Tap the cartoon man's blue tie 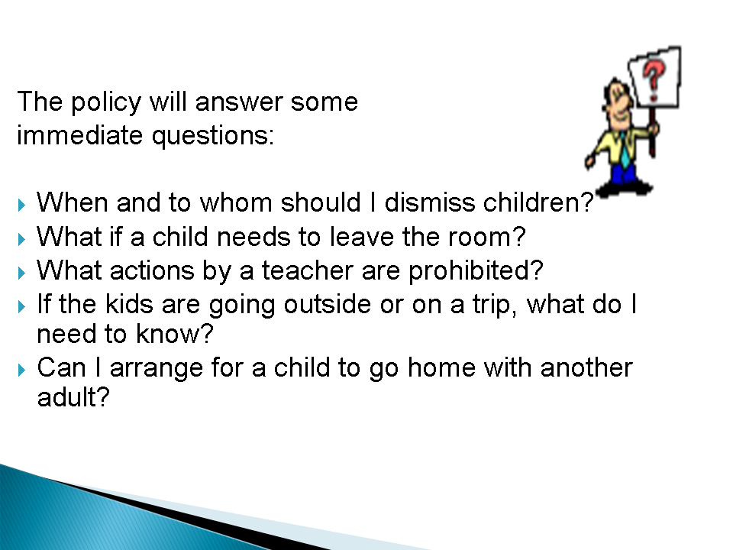625,150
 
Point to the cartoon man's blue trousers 624,173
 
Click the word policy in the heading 105,102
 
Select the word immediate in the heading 80,136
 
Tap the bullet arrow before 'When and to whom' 21,205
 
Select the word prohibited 471,271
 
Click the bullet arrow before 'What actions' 21,273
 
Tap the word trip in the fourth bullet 491,305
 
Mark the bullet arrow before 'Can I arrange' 21,370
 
